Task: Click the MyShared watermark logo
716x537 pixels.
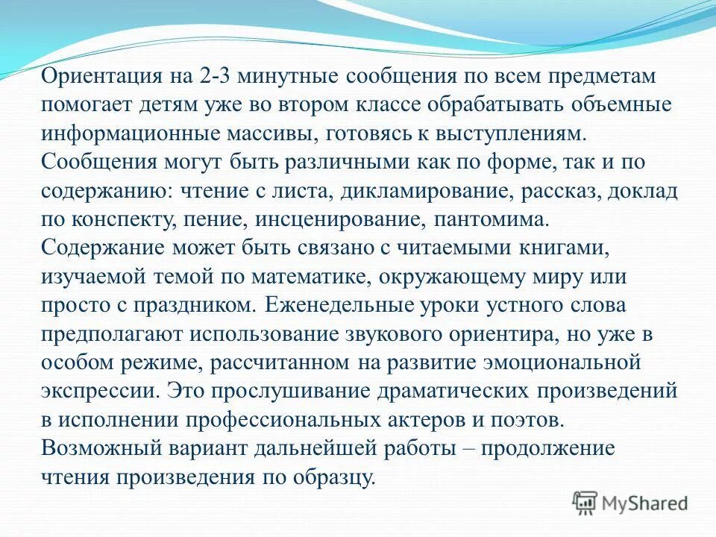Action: pyautogui.click(x=631, y=503)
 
